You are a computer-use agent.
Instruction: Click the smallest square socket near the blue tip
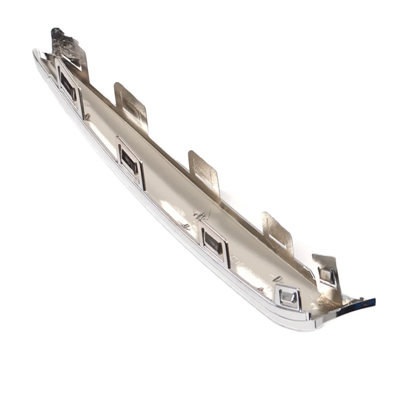(x=288, y=297)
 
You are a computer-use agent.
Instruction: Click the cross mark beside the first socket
(x=87, y=117)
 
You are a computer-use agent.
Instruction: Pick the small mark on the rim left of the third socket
(x=186, y=227)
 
